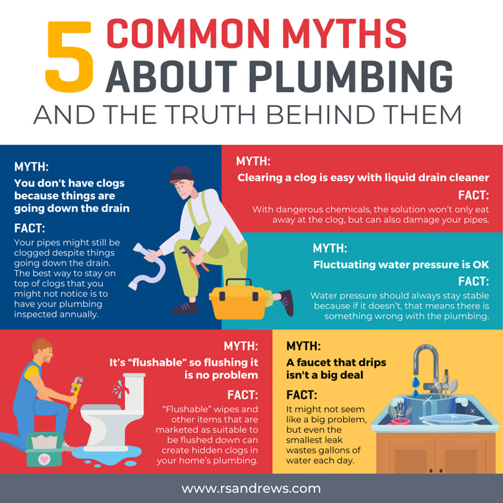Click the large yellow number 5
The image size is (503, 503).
coord(69,57)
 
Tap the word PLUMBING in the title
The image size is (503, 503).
coord(351,76)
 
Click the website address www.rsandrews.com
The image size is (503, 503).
coord(251,488)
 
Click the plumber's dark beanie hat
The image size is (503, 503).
coord(181,174)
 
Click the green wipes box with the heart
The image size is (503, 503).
coord(44,450)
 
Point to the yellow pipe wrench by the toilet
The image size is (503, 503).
coord(75,391)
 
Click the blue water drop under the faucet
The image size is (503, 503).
coord(415,382)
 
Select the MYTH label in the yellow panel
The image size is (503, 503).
coord(303,346)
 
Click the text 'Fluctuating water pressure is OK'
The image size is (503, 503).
coord(401,265)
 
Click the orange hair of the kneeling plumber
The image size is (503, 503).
coord(41,345)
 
